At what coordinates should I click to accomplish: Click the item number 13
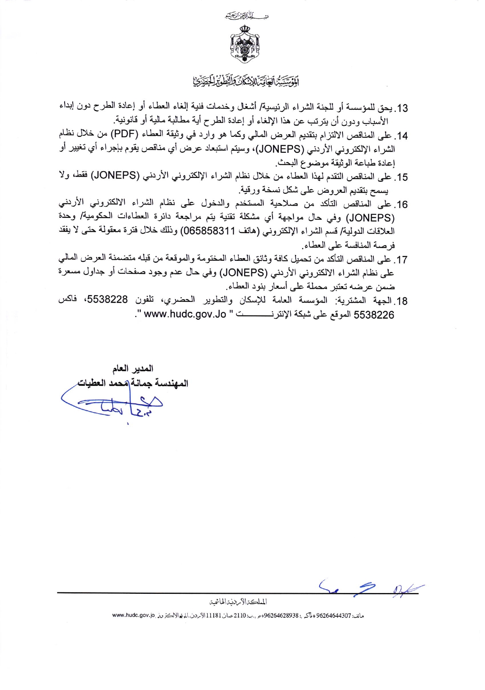tap(402, 108)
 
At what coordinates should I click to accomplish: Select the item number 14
tap(402, 136)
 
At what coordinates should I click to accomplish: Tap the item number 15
tap(402, 177)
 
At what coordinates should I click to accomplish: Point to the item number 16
tap(402, 205)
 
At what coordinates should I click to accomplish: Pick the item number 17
tap(402, 260)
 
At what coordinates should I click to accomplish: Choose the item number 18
tap(402, 301)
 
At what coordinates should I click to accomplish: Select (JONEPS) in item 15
tap(116, 176)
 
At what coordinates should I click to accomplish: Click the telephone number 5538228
tap(108, 300)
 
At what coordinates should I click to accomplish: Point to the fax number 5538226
tap(374, 315)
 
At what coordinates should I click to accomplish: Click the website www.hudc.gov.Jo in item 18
tap(185, 315)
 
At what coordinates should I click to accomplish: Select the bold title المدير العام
tap(133, 368)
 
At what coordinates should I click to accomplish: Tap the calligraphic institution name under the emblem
tap(246, 81)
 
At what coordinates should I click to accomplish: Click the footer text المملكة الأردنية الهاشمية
tap(238, 602)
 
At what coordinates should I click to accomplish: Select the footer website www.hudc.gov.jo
tap(134, 615)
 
